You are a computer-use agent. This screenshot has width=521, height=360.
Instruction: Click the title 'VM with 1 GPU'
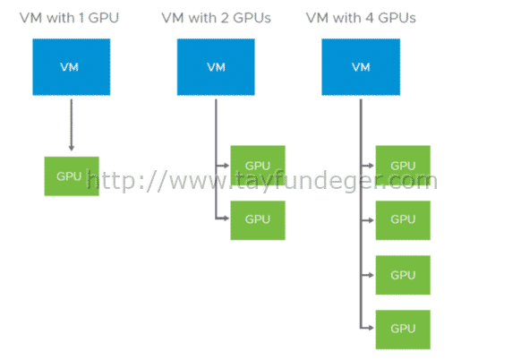pyautogui.click(x=69, y=18)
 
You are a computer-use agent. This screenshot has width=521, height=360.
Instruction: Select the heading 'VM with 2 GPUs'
pyautogui.click(x=216, y=18)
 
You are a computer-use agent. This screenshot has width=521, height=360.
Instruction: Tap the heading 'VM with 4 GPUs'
pyautogui.click(x=361, y=18)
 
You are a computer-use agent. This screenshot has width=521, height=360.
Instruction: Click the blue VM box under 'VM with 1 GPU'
pyautogui.click(x=72, y=67)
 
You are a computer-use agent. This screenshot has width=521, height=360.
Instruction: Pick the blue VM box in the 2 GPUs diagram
pyautogui.click(x=216, y=67)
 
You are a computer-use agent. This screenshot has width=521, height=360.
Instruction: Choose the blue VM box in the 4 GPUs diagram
pyautogui.click(x=361, y=67)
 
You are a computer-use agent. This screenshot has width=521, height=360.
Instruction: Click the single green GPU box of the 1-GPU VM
pyautogui.click(x=72, y=176)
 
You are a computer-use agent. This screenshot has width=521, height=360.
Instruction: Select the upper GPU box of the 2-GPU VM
pyautogui.click(x=258, y=165)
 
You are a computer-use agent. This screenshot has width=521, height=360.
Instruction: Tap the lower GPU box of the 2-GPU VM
pyautogui.click(x=258, y=220)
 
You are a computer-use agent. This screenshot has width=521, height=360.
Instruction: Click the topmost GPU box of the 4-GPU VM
pyautogui.click(x=403, y=165)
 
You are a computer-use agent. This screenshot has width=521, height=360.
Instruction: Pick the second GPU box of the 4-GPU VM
pyautogui.click(x=403, y=220)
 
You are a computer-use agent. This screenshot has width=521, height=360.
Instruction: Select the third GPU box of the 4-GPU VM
pyautogui.click(x=403, y=275)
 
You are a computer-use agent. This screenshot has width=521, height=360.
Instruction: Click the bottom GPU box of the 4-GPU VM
pyautogui.click(x=403, y=330)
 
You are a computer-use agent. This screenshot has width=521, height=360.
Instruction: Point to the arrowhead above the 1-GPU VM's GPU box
pyautogui.click(x=71, y=148)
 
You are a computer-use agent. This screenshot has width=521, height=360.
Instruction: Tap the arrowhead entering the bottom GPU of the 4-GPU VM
pyautogui.click(x=371, y=328)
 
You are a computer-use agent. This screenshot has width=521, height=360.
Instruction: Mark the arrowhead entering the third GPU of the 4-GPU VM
pyautogui.click(x=371, y=275)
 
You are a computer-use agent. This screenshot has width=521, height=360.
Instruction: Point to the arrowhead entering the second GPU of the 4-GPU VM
pyautogui.click(x=371, y=220)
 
